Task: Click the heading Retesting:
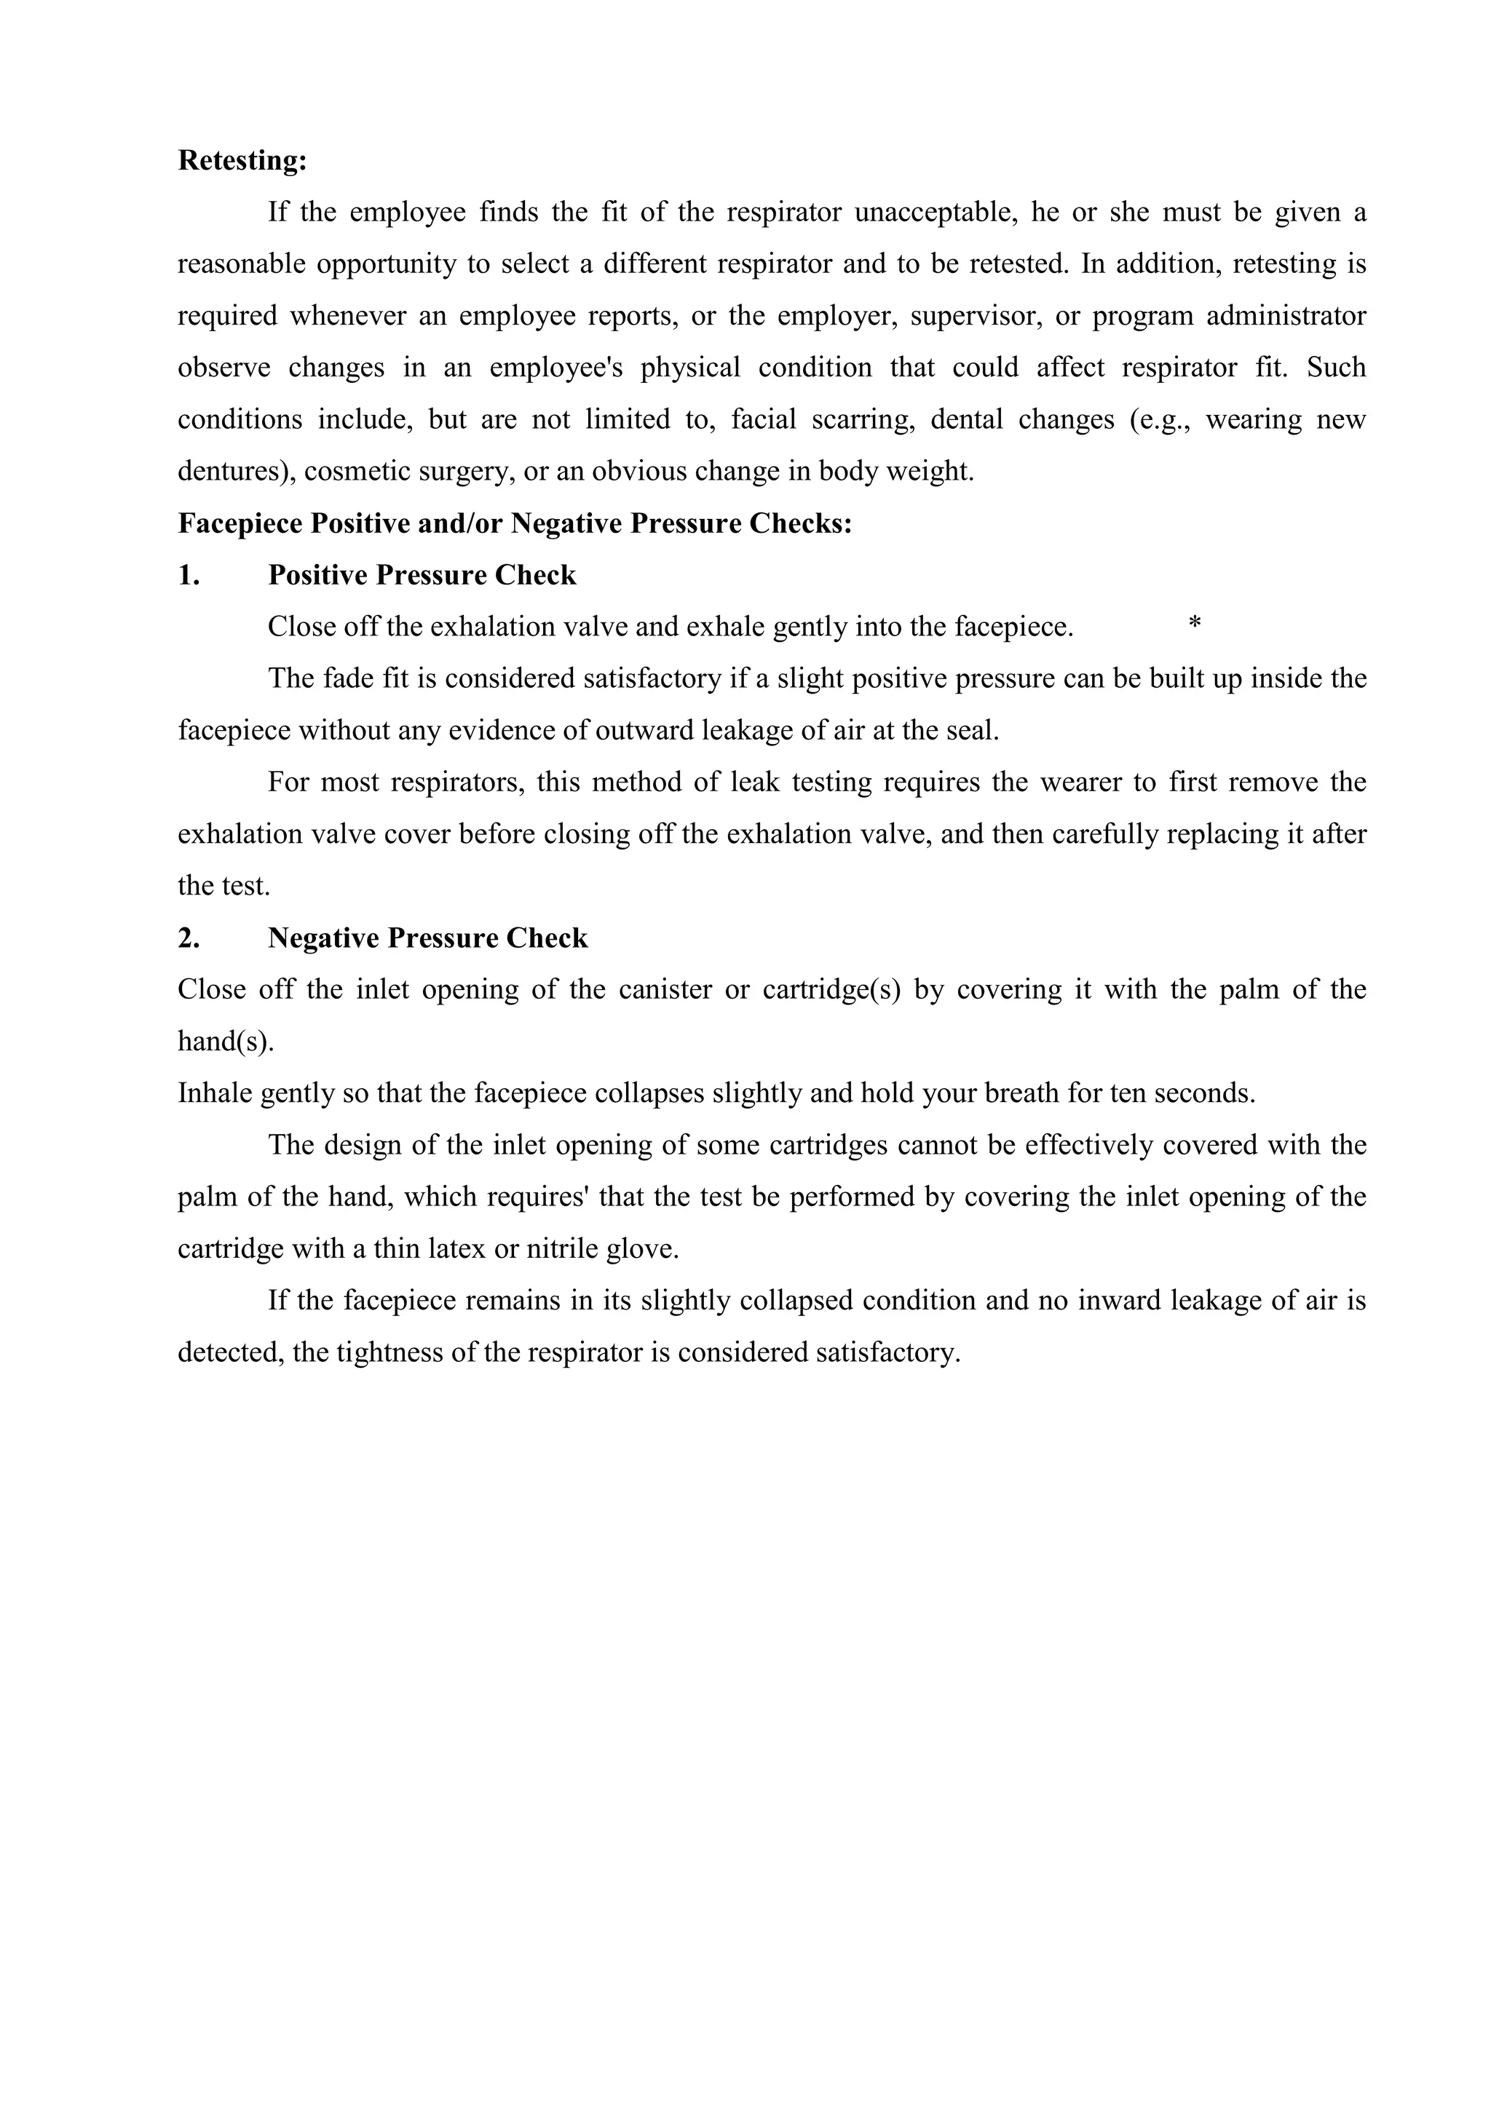point(242,161)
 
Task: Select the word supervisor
point(974,317)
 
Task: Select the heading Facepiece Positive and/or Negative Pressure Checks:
point(515,523)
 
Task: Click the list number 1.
point(189,576)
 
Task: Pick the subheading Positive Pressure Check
point(422,576)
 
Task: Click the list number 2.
point(189,938)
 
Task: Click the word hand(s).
point(226,1042)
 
